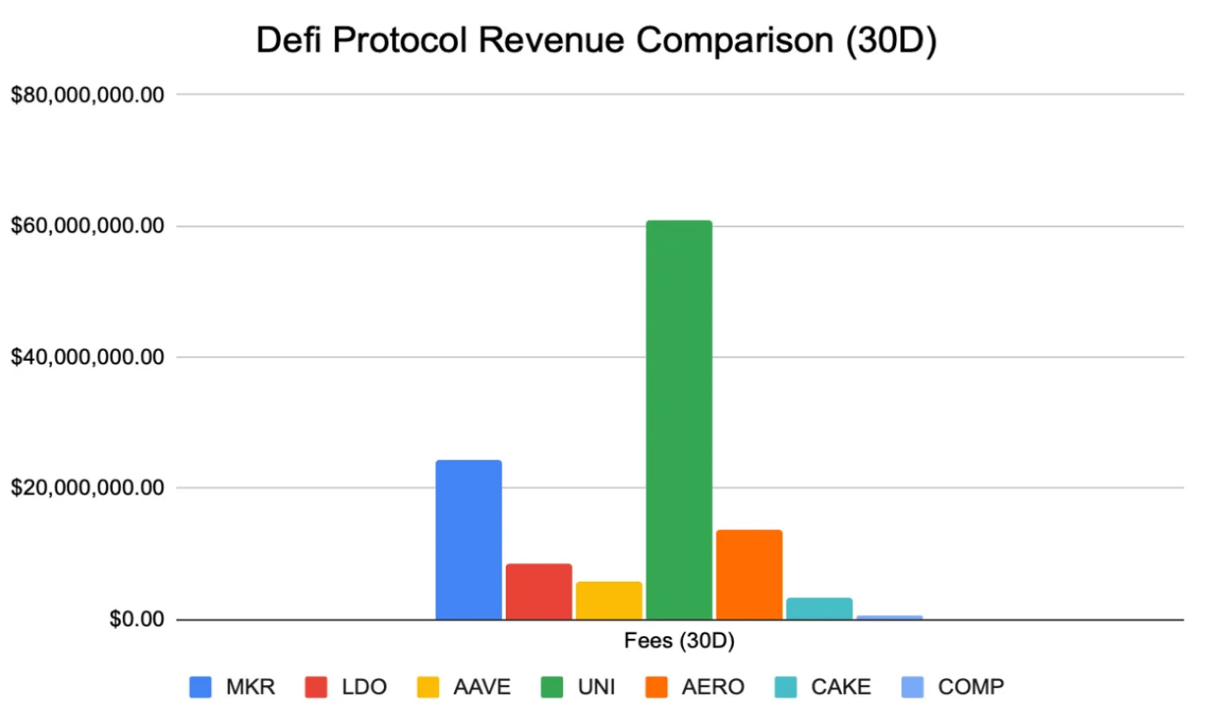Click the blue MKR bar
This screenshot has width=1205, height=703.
pyautogui.click(x=468, y=539)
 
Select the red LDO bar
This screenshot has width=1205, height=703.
pyautogui.click(x=539, y=591)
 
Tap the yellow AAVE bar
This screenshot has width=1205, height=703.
pyautogui.click(x=608, y=600)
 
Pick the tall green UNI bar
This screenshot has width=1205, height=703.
pyautogui.click(x=679, y=419)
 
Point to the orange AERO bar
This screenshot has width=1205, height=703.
pyautogui.click(x=749, y=574)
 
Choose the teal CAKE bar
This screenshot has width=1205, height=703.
pyautogui.click(x=819, y=608)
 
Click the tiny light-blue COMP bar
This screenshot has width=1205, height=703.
pyautogui.click(x=889, y=617)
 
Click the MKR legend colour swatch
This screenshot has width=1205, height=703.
pyautogui.click(x=200, y=687)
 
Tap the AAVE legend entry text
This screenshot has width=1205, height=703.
pyautogui.click(x=482, y=687)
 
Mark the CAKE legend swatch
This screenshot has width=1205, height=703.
pyautogui.click(x=786, y=687)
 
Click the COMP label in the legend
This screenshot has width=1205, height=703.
pyautogui.click(x=970, y=687)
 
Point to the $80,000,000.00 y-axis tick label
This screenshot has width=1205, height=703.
pyautogui.click(x=87, y=94)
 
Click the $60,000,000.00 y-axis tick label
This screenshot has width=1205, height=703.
pyautogui.click(x=87, y=226)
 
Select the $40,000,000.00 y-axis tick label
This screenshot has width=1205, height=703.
pyautogui.click(x=87, y=357)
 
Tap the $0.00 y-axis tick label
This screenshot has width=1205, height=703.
pyautogui.click(x=137, y=619)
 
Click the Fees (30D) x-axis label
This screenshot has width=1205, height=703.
pyautogui.click(x=679, y=641)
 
